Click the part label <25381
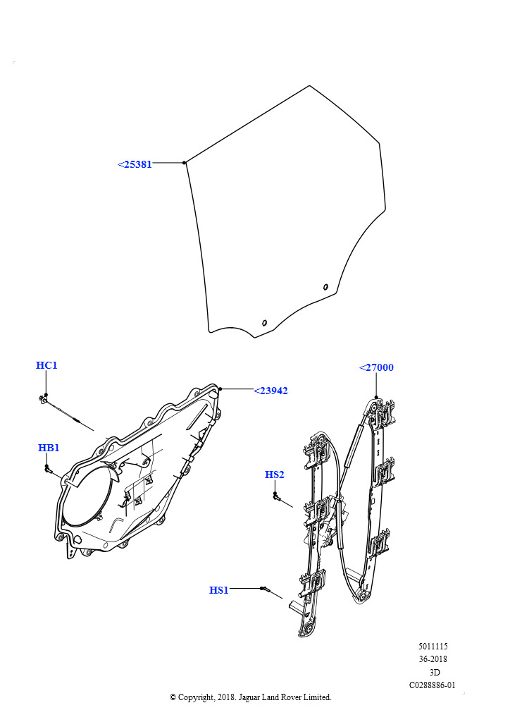(x=135, y=164)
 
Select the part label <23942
(x=270, y=391)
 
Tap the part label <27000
(x=376, y=367)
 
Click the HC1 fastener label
(x=46, y=365)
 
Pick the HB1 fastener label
(x=49, y=448)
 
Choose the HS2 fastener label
(x=275, y=475)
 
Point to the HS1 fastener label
(x=219, y=590)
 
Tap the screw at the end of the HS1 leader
(x=265, y=589)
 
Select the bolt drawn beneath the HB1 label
(x=47, y=469)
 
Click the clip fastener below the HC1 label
(x=43, y=398)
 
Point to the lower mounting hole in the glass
(x=264, y=323)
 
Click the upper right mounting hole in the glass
(x=325, y=287)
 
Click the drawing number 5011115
(x=433, y=646)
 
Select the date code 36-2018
(x=433, y=659)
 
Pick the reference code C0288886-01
(x=433, y=685)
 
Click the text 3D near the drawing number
(x=434, y=672)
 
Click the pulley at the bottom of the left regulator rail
(x=308, y=630)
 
